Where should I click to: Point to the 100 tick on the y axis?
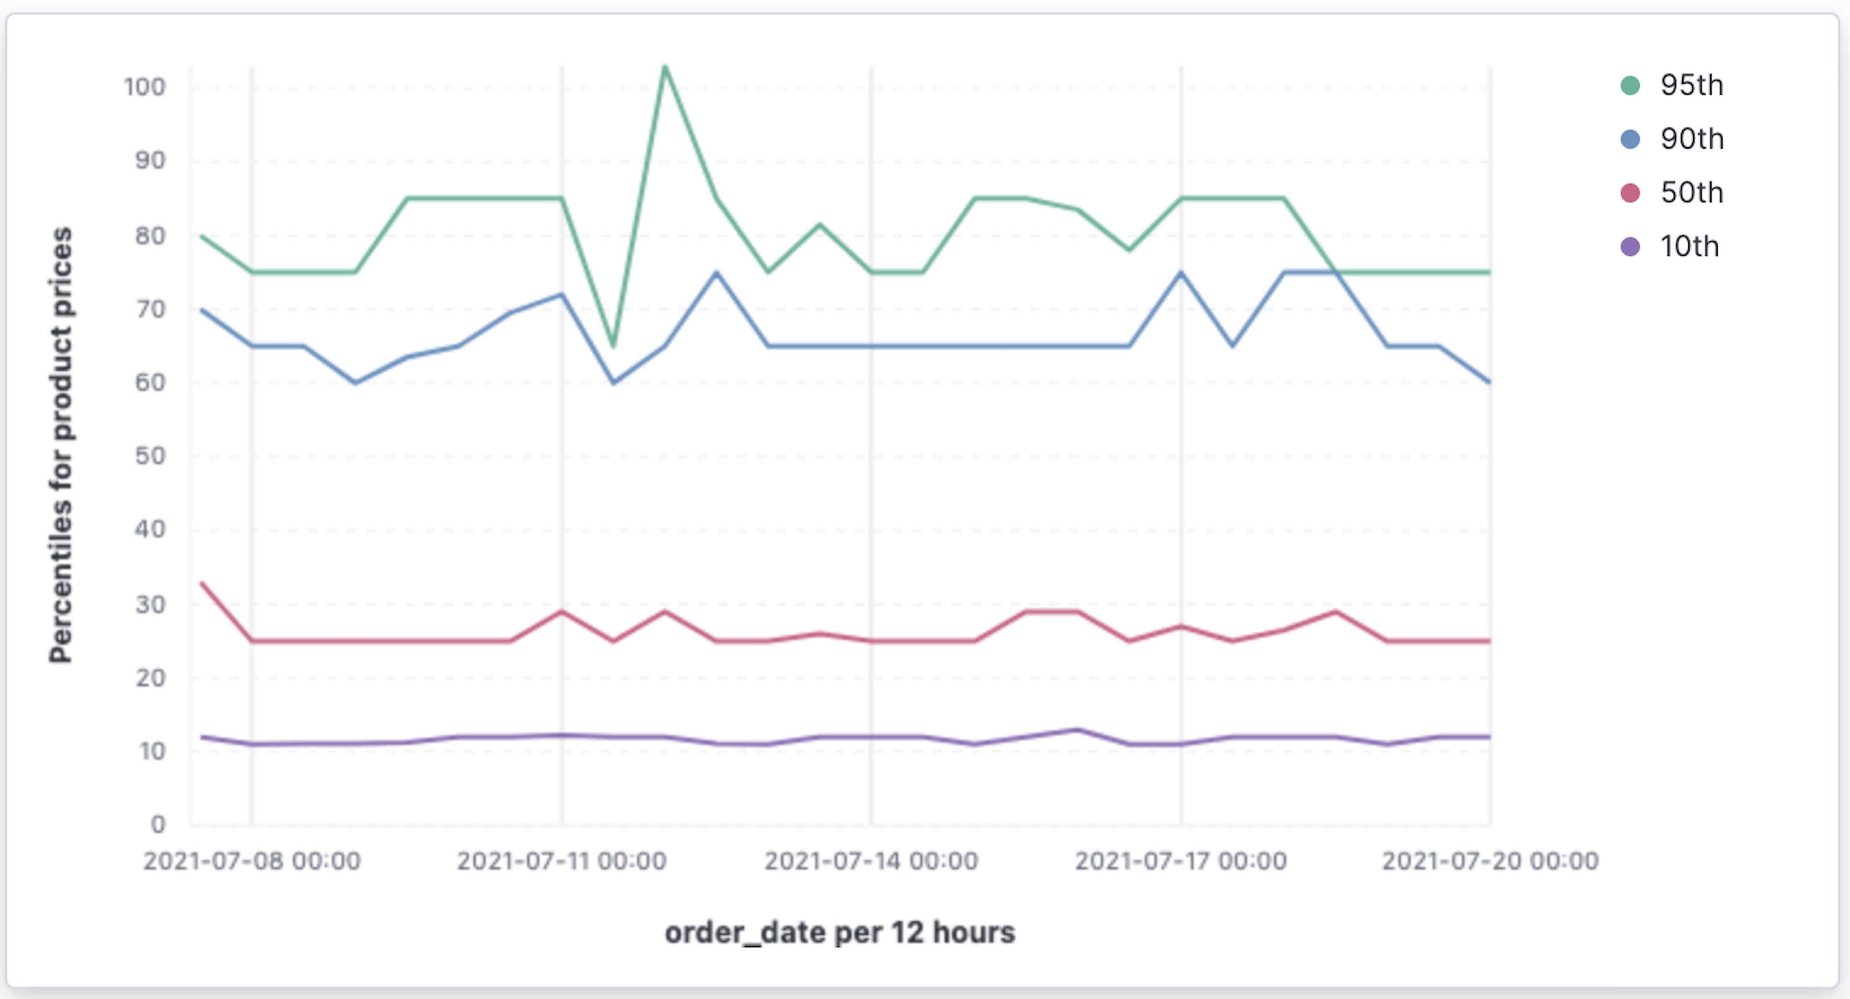point(145,87)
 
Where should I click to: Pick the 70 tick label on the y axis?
point(150,309)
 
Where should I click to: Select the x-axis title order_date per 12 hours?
point(840,933)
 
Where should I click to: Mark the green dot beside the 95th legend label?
point(1630,86)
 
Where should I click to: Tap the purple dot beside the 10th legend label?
point(1630,247)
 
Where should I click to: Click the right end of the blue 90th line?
point(1489,382)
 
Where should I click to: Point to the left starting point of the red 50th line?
point(202,583)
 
